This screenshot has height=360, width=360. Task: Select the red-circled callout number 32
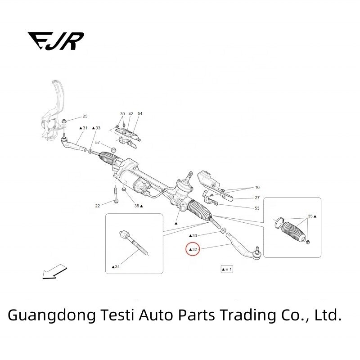pyautogui.click(x=193, y=249)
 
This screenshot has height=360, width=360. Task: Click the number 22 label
pyautogui.click(x=98, y=206)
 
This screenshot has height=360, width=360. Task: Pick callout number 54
pyautogui.click(x=140, y=114)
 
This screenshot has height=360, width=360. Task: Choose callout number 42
pyautogui.click(x=130, y=114)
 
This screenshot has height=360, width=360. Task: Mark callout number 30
pyautogui.click(x=122, y=114)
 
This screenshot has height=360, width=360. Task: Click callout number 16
pyautogui.click(x=257, y=187)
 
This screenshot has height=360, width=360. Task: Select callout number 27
pyautogui.click(x=257, y=198)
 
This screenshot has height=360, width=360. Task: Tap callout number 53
pyautogui.click(x=257, y=208)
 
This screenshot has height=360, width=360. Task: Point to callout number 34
pyautogui.click(x=116, y=267)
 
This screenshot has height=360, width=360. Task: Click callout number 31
pyautogui.click(x=83, y=128)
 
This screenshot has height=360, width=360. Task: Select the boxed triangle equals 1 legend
pyautogui.click(x=226, y=269)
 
